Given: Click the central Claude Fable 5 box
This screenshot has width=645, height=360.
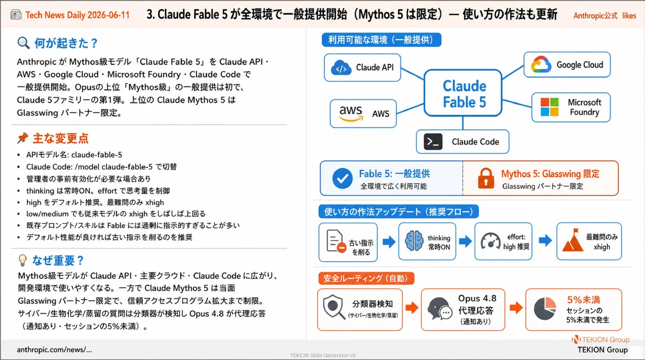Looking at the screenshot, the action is pos(463,93).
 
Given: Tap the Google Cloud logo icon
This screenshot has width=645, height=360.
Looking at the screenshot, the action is pos(541,64).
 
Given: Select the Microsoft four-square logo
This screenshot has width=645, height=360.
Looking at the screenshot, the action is pos(549,107).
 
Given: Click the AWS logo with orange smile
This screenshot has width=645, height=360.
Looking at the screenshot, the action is pos(351,114).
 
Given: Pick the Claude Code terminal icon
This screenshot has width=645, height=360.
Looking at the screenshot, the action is pos(433,142).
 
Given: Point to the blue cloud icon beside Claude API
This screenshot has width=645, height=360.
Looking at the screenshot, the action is pos(341,68).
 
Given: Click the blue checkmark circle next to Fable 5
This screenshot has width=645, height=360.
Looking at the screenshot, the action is pos(342,179).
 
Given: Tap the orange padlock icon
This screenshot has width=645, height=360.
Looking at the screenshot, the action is pos(486,178).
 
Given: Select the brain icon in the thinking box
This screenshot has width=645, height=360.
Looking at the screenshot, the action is pos(414,241).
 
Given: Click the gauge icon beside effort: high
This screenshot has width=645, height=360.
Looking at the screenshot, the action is pos(491,241).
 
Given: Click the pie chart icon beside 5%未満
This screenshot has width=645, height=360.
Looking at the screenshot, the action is pos(545,309).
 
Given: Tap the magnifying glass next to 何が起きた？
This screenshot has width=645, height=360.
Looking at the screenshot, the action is pos(23,43).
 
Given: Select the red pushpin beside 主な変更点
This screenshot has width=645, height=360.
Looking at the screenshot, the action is pos(23,138).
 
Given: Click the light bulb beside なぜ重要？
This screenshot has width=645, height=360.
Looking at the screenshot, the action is pos(23,261).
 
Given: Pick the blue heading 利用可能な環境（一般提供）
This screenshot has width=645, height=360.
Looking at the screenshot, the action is pos(381,40).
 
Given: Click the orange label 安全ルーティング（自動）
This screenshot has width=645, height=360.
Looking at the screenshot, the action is pos(366,278).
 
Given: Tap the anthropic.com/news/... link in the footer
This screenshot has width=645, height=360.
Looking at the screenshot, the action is pos(54,349).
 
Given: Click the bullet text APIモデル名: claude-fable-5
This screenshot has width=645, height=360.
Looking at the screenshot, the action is pos(74,155).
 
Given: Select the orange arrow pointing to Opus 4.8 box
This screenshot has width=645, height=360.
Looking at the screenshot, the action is pos(412,308).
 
